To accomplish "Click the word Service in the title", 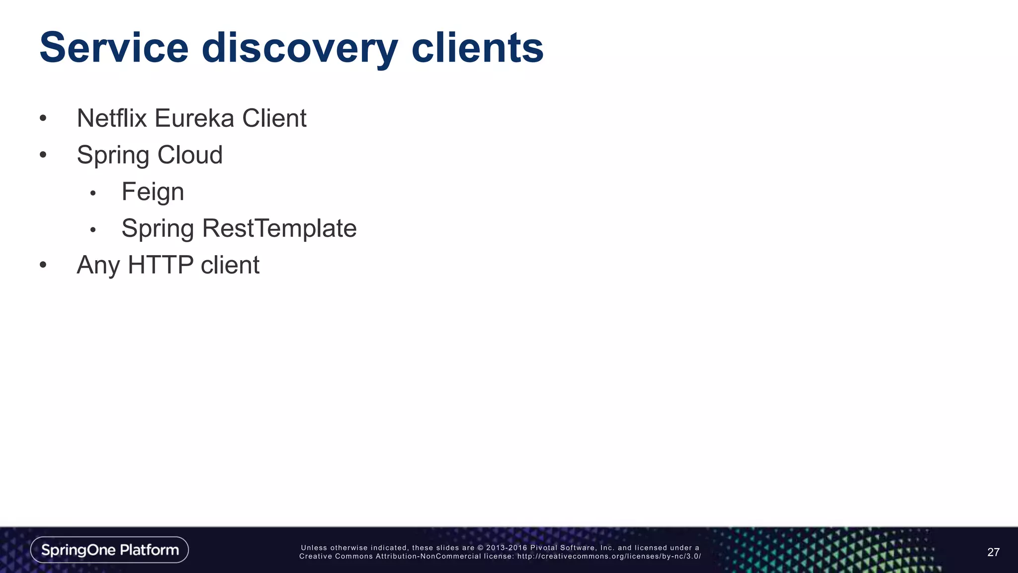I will (x=114, y=48).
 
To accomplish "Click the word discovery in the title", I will (x=299, y=48).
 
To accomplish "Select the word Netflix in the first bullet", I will (x=112, y=118).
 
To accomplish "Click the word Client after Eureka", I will (x=274, y=118).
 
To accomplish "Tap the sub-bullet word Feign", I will (x=153, y=192).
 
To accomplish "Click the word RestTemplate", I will (x=279, y=228).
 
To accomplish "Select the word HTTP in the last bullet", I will (x=161, y=265).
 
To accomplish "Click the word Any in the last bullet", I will (x=98, y=265).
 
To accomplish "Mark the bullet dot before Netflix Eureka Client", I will (x=43, y=119).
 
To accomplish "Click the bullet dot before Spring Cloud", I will (x=43, y=155).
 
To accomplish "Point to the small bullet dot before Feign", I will (x=92, y=193).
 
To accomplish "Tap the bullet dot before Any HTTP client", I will (x=43, y=265).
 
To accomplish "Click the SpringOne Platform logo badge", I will (x=109, y=550).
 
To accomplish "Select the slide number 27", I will (x=993, y=552).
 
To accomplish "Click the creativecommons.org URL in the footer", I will (x=609, y=556).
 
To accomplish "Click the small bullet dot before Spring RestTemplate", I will (x=92, y=230).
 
